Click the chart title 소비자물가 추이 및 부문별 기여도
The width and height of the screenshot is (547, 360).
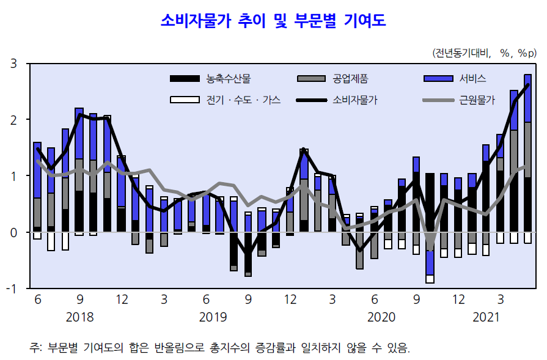point(273,21)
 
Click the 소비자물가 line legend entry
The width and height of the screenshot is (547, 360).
point(355,100)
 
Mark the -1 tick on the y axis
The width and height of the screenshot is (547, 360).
point(11,288)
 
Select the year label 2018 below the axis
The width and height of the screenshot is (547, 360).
point(79,317)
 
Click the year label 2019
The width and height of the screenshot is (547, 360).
point(213,317)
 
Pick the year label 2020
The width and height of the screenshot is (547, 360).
point(382,317)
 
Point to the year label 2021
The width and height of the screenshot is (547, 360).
point(486,317)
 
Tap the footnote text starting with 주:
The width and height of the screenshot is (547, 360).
point(220,347)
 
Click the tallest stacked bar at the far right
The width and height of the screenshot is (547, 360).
point(527,153)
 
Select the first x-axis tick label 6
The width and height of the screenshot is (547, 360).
point(38,300)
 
